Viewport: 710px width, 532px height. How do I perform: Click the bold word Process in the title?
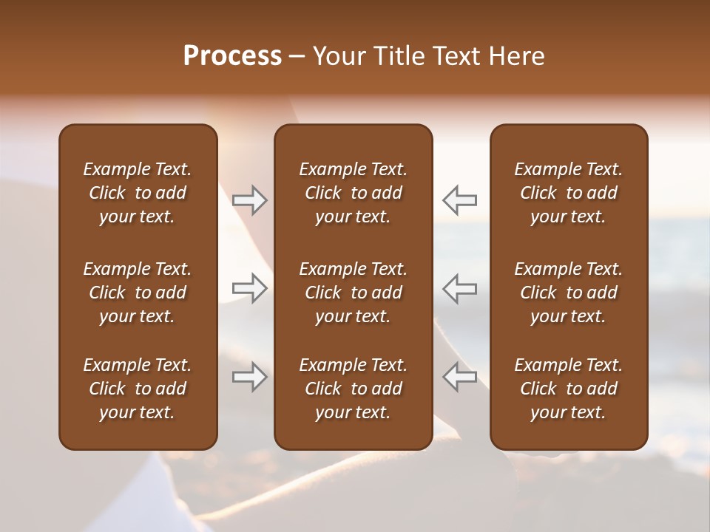pyautogui.click(x=232, y=56)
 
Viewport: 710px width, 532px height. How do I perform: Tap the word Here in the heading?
pyautogui.click(x=517, y=56)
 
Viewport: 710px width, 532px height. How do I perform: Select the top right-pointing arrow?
pyautogui.click(x=250, y=199)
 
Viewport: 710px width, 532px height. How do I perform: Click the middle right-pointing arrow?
pyautogui.click(x=250, y=287)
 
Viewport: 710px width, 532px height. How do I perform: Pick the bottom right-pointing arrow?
pyautogui.click(x=250, y=377)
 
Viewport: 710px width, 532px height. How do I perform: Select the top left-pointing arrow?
pyautogui.click(x=459, y=199)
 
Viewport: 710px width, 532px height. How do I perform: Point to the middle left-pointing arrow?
pyautogui.click(x=459, y=287)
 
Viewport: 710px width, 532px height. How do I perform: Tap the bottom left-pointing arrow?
pyautogui.click(x=459, y=377)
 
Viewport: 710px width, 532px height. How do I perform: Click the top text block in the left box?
pyautogui.click(x=138, y=193)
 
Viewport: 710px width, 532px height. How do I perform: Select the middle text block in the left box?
pyautogui.click(x=138, y=293)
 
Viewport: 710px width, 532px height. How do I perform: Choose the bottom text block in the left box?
pyautogui.click(x=138, y=389)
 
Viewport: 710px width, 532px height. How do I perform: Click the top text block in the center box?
pyautogui.click(x=354, y=193)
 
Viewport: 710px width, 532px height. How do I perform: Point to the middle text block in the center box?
pyautogui.click(x=354, y=293)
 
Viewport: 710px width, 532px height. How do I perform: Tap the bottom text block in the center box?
pyautogui.click(x=354, y=389)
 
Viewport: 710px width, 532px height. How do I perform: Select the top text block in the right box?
pyautogui.click(x=569, y=193)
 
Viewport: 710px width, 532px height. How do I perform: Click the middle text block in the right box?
pyautogui.click(x=569, y=293)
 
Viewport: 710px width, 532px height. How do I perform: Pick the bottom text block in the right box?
pyautogui.click(x=569, y=389)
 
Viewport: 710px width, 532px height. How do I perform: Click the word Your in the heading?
pyautogui.click(x=337, y=56)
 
